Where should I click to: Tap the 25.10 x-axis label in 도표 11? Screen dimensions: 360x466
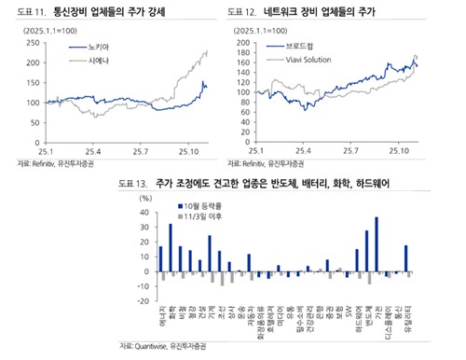192,150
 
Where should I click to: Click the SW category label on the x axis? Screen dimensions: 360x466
348,308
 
